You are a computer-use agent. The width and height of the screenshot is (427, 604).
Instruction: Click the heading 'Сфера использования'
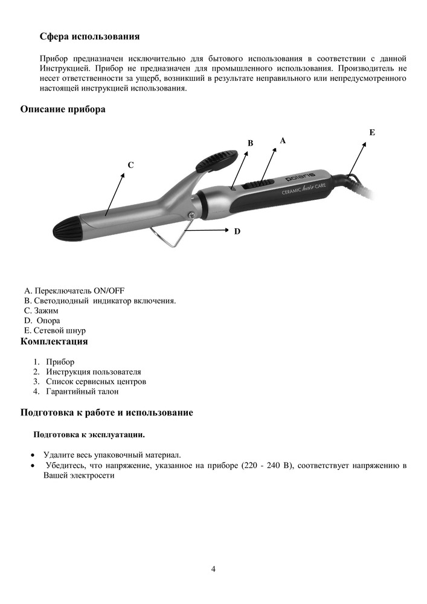(x=89, y=37)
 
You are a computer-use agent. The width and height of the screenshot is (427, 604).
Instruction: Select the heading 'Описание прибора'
(x=63, y=109)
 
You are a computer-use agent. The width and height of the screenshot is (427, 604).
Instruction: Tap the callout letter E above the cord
(x=371, y=132)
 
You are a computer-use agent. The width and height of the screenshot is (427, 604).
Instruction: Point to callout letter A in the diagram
(x=282, y=140)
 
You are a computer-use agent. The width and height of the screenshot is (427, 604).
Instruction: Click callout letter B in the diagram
(x=250, y=143)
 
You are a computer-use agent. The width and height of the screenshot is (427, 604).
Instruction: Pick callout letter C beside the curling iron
(x=130, y=164)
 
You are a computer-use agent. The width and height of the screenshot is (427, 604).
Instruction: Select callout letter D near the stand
(x=237, y=231)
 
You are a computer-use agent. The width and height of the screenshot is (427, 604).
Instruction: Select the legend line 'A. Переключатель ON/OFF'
(x=74, y=291)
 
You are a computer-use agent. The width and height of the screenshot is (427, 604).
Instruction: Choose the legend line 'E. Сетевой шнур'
(x=55, y=331)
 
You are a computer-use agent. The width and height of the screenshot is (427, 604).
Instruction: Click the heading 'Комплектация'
(x=54, y=342)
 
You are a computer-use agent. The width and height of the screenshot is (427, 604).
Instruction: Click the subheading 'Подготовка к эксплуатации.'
(x=89, y=435)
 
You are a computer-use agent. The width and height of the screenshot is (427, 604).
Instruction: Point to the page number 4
(x=213, y=569)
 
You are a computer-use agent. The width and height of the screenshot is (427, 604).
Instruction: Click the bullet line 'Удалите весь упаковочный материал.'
(x=112, y=455)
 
